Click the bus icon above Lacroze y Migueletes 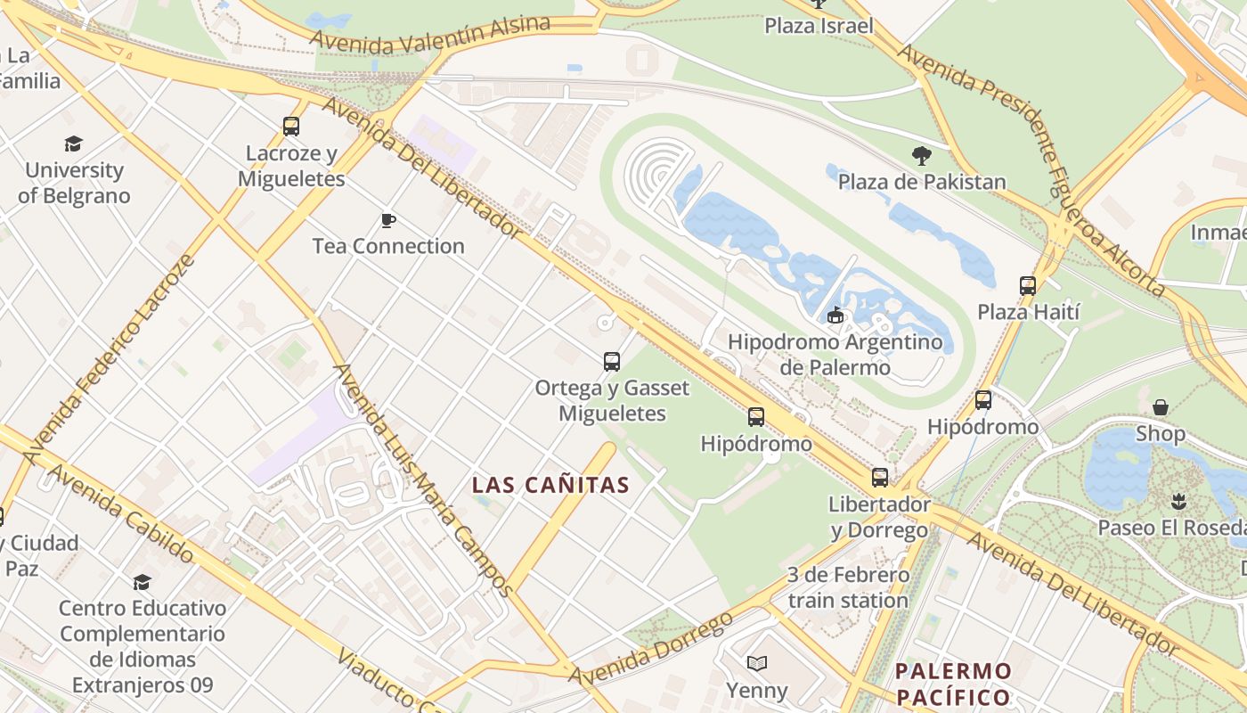[291, 127]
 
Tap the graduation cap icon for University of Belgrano [73, 143]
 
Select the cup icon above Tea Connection [387, 220]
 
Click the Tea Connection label [388, 246]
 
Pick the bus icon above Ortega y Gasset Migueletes [612, 362]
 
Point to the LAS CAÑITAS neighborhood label [550, 486]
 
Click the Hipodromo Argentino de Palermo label [835, 355]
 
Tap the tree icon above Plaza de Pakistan [922, 156]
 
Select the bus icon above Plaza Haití [1028, 286]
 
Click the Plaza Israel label [819, 26]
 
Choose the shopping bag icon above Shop [1161, 407]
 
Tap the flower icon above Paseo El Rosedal [1179, 501]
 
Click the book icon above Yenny [756, 663]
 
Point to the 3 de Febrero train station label [848, 587]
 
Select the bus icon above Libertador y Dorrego [880, 478]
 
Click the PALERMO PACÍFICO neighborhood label [953, 684]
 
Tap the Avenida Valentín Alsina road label [430, 33]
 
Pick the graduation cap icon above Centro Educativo [142, 583]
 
